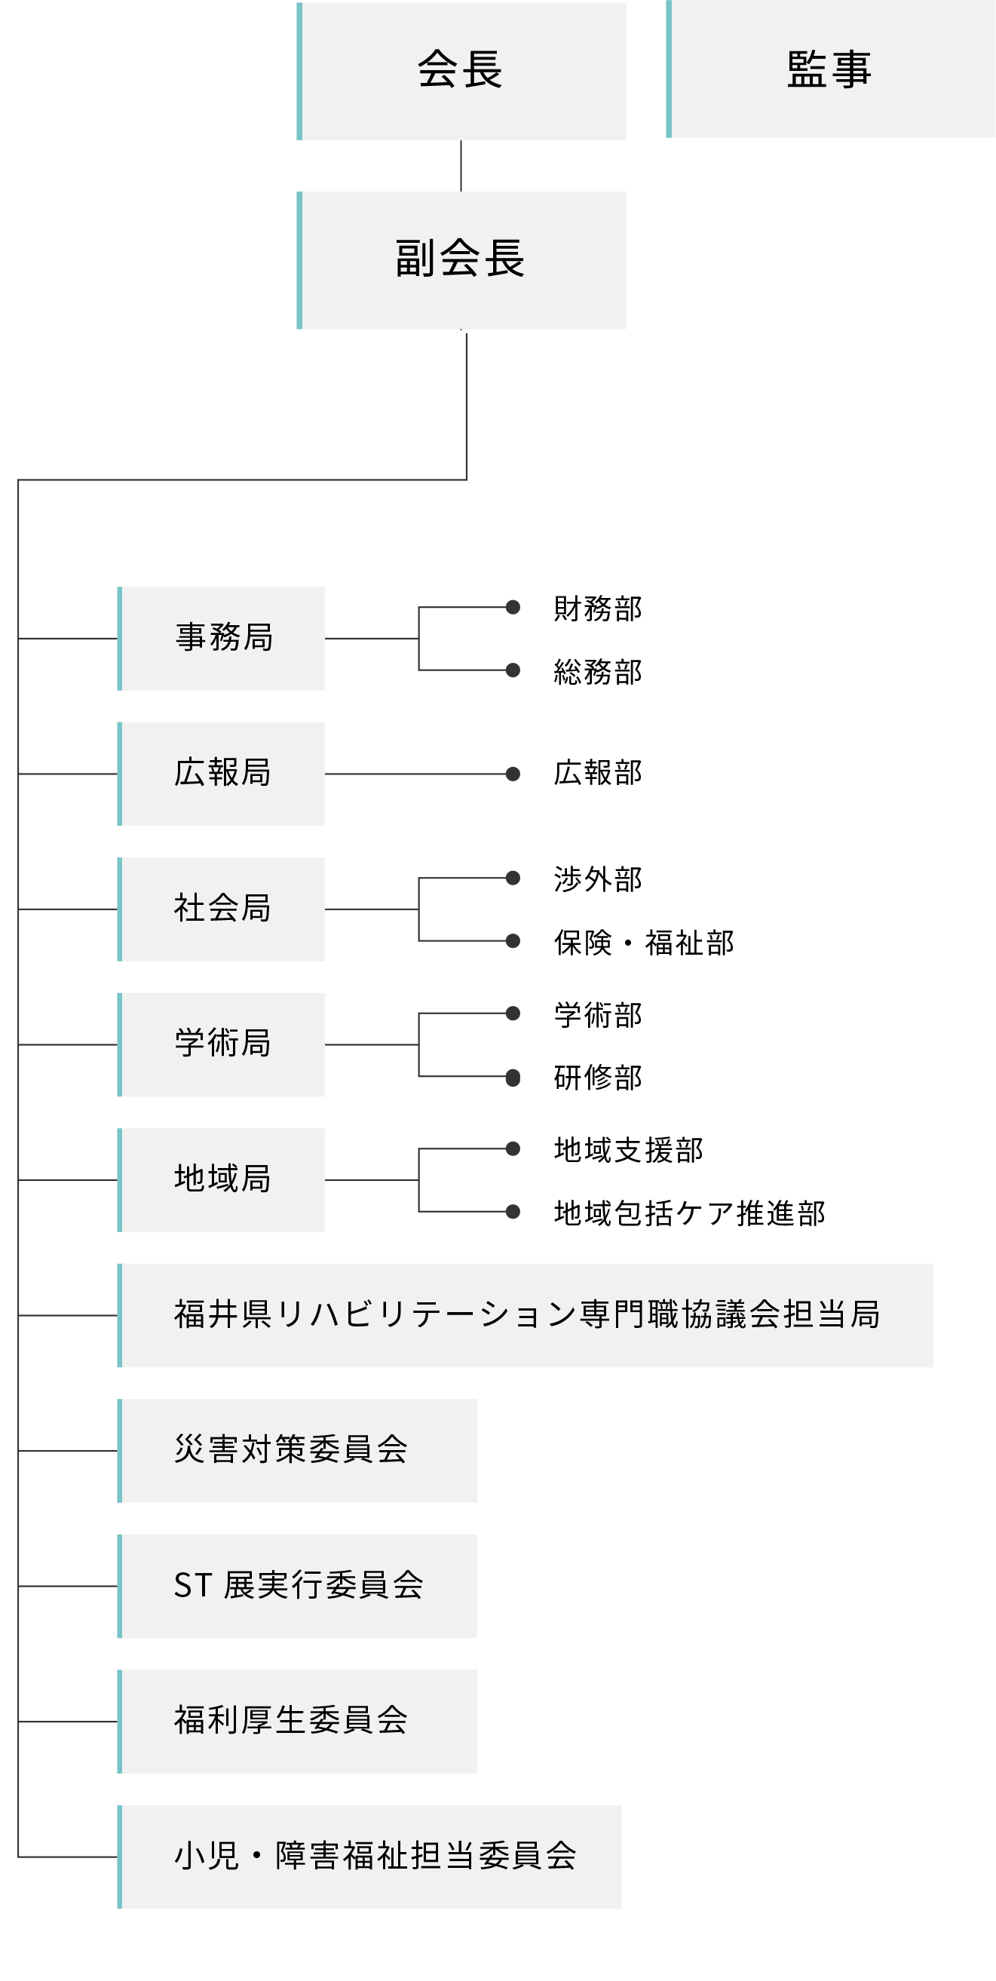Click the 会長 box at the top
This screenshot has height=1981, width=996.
tap(461, 72)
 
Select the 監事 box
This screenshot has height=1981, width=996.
tap(831, 69)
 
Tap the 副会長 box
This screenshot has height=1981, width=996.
tap(461, 260)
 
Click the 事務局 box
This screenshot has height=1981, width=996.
tap(222, 638)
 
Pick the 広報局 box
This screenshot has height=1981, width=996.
tap(222, 774)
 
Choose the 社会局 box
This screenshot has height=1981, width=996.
tap(222, 909)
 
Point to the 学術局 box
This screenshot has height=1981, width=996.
tap(222, 1044)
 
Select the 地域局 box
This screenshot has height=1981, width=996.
tap(222, 1179)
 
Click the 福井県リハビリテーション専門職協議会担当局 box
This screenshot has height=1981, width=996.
tap(526, 1315)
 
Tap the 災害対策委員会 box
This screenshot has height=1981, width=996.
tap(298, 1450)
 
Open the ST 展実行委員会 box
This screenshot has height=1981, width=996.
tap(298, 1586)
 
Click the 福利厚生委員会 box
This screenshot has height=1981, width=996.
tap(298, 1721)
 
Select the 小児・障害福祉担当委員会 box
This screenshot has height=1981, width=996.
tap(370, 1857)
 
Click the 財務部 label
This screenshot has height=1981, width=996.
tap(599, 609)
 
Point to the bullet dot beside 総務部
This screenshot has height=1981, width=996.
tap(513, 670)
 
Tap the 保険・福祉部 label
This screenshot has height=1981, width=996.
tap(645, 942)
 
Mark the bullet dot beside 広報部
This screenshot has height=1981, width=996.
tap(513, 774)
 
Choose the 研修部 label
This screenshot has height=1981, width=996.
tap(599, 1078)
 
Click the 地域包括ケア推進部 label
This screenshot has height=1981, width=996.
tap(690, 1213)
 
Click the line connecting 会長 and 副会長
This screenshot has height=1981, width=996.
tap(461, 166)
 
